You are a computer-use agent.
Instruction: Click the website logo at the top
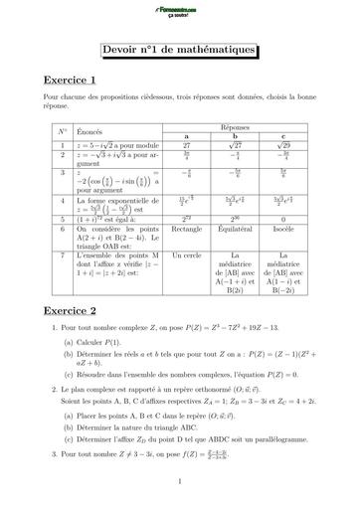pyautogui.click(x=179, y=11)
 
